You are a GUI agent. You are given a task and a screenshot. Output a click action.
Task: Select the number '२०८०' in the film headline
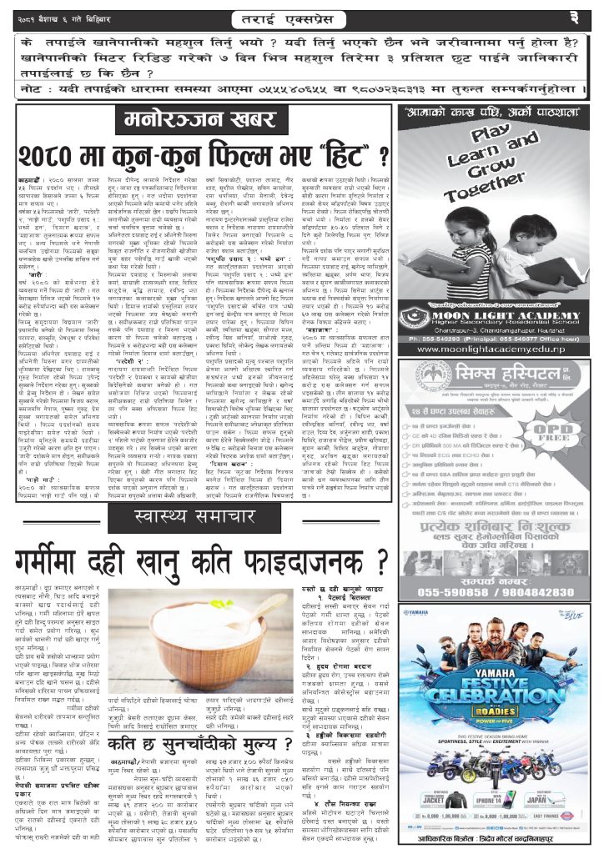[84, 156]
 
